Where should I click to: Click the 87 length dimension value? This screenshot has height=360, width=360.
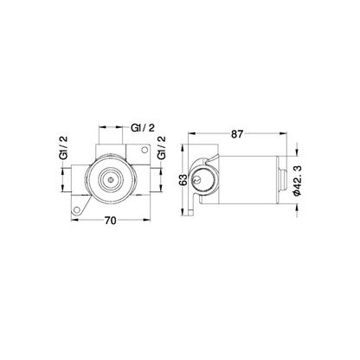tap(237, 134)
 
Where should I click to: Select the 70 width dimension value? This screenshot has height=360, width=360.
tap(110, 221)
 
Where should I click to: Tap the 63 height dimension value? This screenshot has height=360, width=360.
tap(183, 180)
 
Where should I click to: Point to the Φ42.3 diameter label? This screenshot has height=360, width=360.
tap(298, 181)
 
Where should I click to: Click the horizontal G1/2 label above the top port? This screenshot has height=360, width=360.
tap(143, 128)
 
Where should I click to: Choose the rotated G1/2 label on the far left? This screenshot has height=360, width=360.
tap(63, 147)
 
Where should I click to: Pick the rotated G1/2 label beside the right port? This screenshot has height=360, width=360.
tap(161, 147)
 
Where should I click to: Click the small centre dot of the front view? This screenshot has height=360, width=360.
tap(110, 179)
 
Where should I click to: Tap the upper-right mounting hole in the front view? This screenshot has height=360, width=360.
tap(144, 150)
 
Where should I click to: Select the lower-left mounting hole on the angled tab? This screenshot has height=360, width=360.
tap(76, 209)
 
